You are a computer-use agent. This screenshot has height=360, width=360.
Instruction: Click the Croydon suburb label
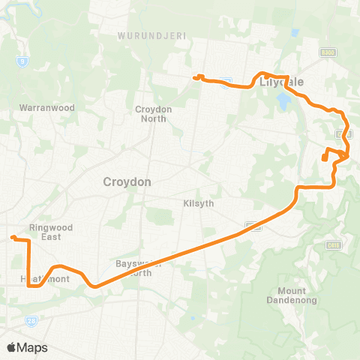click(x=127, y=181)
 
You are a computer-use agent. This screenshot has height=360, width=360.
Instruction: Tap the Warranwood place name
click(x=47, y=107)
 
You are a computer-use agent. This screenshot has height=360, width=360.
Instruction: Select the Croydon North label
click(x=154, y=114)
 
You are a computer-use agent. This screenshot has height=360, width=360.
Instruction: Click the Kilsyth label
click(x=199, y=203)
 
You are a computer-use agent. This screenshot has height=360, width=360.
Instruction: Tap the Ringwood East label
click(x=49, y=231)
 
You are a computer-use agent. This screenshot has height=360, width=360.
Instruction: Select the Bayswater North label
click(x=139, y=268)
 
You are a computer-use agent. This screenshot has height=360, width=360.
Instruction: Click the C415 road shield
click(x=334, y=245)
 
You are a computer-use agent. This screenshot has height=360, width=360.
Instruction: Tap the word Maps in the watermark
click(x=33, y=347)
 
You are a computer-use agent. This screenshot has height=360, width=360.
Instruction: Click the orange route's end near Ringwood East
click(x=13, y=238)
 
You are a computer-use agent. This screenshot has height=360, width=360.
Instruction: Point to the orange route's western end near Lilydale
click(x=195, y=77)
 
